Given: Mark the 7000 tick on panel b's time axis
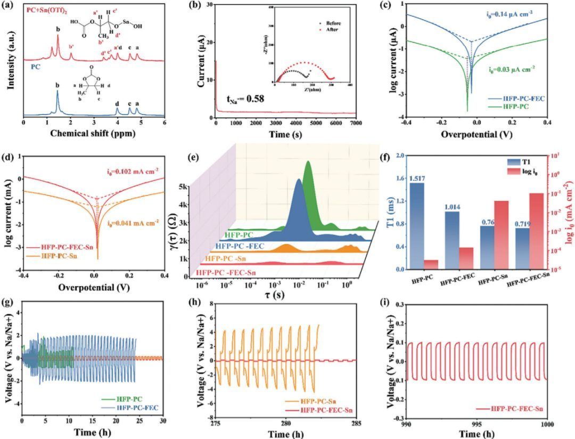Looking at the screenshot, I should [357, 123].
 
